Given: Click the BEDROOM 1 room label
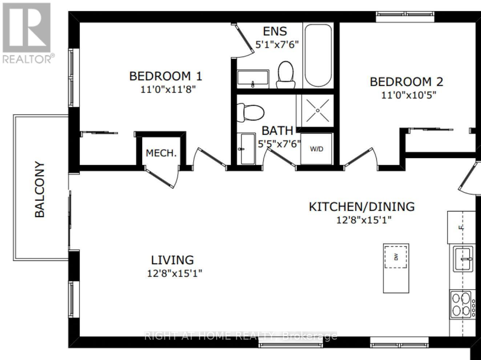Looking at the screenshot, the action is tap(166, 76).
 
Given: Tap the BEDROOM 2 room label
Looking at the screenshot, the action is tap(407, 82).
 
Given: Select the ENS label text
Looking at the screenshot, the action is tap(275, 31).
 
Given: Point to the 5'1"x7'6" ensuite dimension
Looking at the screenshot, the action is tap(277, 45).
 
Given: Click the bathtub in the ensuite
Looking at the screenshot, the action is tap(318, 55).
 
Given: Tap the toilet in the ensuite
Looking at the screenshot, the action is tap(286, 74).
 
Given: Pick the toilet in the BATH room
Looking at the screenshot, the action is tap(250, 113).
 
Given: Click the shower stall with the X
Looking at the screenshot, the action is tap(318, 111).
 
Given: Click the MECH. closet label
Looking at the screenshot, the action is tap(161, 153).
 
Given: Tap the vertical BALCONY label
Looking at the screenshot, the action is tap(40, 190).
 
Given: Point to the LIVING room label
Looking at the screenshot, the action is tap(173, 260).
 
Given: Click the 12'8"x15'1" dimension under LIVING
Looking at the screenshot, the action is tap(174, 274).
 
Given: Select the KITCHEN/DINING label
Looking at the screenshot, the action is tap(362, 207).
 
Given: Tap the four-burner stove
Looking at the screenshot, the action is tap(462, 304).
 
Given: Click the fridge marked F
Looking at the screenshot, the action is tap(461, 227).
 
